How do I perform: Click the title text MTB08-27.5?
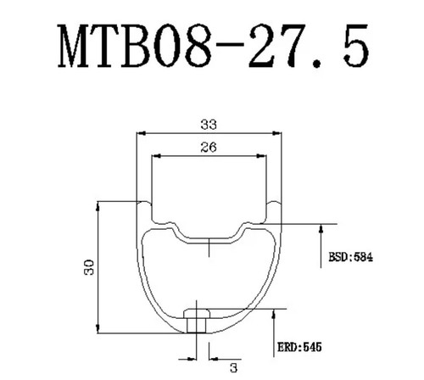(213, 46)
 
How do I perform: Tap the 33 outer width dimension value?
(209, 124)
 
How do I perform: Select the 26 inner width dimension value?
(209, 147)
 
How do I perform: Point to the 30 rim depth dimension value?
(89, 267)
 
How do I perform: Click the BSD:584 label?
(350, 257)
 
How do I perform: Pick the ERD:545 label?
(299, 347)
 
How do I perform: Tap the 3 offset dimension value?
(233, 368)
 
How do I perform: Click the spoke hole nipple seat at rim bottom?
(197, 321)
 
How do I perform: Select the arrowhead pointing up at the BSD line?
(321, 229)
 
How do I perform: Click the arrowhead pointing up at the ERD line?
(273, 315)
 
